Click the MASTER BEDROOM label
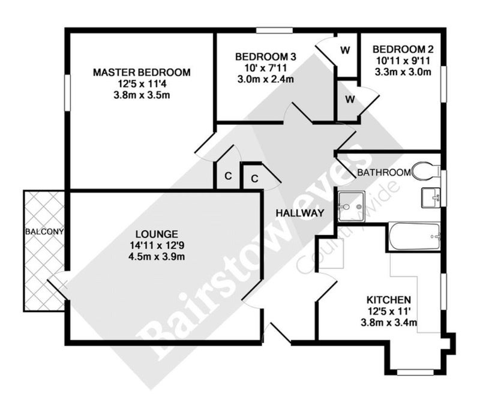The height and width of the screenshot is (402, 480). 142,73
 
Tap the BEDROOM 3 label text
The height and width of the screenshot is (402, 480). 265,57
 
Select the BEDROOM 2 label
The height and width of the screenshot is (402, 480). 403,49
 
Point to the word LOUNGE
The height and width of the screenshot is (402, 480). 157,234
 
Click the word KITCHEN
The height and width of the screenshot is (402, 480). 389,299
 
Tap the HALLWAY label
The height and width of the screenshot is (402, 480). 300,213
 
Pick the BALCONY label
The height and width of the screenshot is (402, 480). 44,232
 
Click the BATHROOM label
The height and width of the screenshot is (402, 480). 384,173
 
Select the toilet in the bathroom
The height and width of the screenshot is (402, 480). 426,171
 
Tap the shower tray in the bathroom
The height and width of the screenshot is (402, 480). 352,206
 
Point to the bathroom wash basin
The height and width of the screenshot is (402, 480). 431,198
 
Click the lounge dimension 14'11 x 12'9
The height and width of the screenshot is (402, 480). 157,245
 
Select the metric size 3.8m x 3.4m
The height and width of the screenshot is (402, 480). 389,322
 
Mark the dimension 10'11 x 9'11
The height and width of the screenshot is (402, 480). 403,61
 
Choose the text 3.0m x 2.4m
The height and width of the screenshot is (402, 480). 265,79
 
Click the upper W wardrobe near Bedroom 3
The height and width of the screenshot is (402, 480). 346,50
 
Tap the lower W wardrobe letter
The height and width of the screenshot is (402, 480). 350,99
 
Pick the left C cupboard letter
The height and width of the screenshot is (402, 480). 228,176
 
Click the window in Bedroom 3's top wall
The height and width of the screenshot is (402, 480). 274,31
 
